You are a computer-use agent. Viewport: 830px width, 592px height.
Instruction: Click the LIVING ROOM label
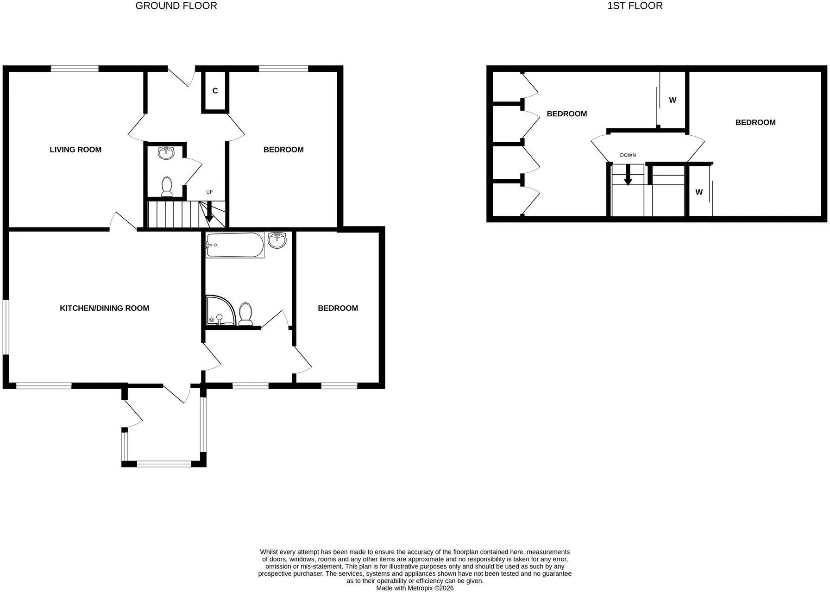coord(75,150)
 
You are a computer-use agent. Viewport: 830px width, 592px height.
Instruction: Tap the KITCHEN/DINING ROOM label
coord(105,308)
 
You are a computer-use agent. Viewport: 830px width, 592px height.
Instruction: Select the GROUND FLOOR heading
coord(176,6)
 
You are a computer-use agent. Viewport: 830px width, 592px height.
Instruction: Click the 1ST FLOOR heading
coord(635,6)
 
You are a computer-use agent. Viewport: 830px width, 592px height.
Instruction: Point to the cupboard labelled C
coord(215,91)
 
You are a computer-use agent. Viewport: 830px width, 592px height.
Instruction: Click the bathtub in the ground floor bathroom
coord(235,245)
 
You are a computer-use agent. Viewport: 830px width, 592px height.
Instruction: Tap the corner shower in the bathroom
coord(221,310)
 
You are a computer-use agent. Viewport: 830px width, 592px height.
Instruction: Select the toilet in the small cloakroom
coord(167,187)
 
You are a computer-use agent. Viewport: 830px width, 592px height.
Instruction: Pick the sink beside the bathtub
coord(277,239)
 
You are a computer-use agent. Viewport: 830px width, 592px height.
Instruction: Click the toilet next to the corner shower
coord(245,314)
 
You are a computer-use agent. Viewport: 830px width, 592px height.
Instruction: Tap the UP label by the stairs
coord(209,192)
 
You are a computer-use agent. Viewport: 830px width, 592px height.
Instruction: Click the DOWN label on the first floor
coord(628,155)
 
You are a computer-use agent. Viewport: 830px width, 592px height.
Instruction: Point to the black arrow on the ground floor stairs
coord(209,212)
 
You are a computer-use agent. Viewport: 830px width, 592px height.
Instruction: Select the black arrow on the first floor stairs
coord(628,175)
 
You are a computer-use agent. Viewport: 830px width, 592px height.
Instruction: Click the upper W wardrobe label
coord(673,100)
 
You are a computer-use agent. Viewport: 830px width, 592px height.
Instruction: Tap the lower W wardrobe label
coord(699,192)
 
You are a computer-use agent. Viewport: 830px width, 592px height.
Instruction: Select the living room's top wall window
coord(75,69)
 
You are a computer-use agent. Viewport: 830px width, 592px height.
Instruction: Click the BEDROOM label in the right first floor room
coord(755,122)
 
